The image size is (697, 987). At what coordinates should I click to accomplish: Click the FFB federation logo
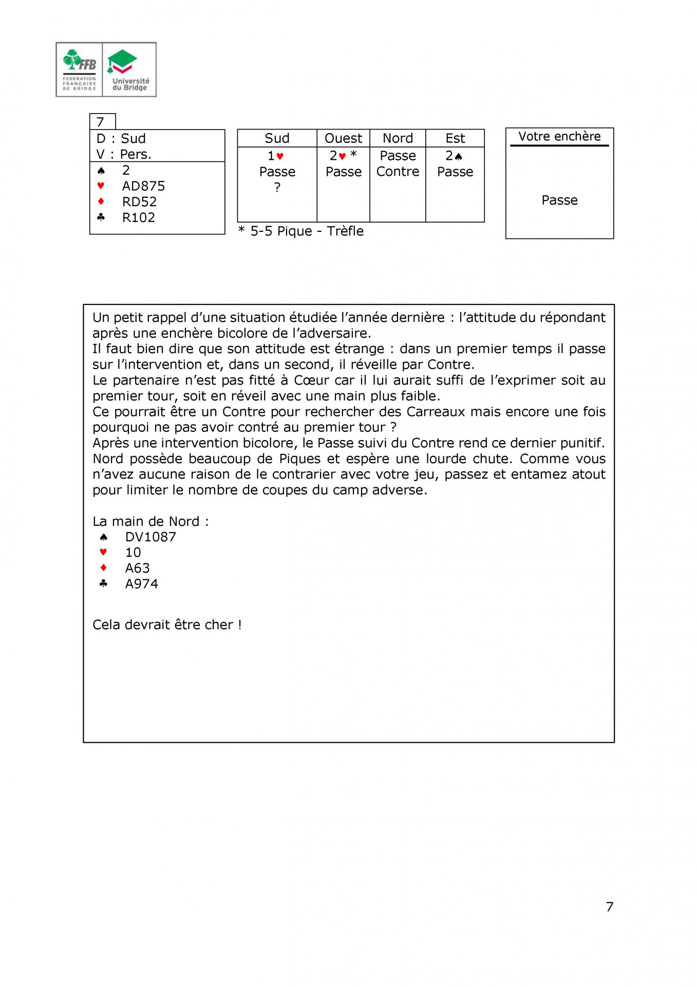pyautogui.click(x=80, y=69)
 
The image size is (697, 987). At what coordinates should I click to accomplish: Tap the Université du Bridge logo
pyautogui.click(x=130, y=69)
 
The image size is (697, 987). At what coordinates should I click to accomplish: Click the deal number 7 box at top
pyautogui.click(x=102, y=122)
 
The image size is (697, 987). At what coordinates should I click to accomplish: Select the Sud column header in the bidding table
pyautogui.click(x=277, y=138)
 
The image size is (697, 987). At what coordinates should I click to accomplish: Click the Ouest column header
pyautogui.click(x=343, y=138)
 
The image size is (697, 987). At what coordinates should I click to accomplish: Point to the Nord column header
pyautogui.click(x=398, y=138)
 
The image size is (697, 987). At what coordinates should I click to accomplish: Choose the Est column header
pyautogui.click(x=455, y=138)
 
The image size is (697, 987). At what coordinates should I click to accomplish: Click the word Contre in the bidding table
pyautogui.click(x=398, y=172)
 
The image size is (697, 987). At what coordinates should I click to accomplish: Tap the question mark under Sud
pyautogui.click(x=277, y=188)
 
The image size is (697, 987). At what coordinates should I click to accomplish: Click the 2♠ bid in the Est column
pyautogui.click(x=454, y=156)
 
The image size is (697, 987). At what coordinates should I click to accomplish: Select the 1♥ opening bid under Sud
pyautogui.click(x=276, y=156)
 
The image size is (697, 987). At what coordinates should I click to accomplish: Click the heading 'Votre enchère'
pyautogui.click(x=559, y=136)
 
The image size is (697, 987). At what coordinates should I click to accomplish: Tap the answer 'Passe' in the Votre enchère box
pyautogui.click(x=559, y=200)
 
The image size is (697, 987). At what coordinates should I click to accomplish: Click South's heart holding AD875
pyautogui.click(x=143, y=186)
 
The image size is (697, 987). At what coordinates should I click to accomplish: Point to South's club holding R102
pyautogui.click(x=138, y=217)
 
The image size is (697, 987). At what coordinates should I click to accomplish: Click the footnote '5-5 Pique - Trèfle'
pyautogui.click(x=307, y=231)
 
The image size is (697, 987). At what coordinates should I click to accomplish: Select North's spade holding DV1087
pyautogui.click(x=150, y=537)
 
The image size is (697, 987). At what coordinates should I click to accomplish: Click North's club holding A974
pyautogui.click(x=141, y=584)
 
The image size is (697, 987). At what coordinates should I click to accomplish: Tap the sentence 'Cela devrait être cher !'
pyautogui.click(x=167, y=625)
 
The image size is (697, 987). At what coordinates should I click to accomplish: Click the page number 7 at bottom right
pyautogui.click(x=610, y=907)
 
